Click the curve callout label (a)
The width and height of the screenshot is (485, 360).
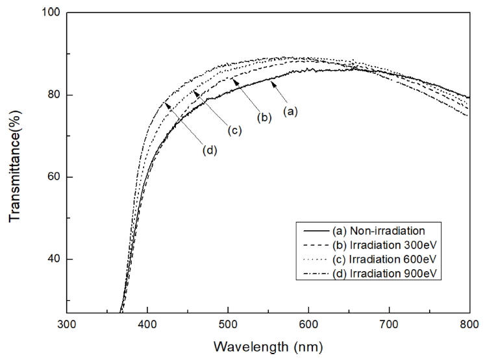[x=291, y=112]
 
